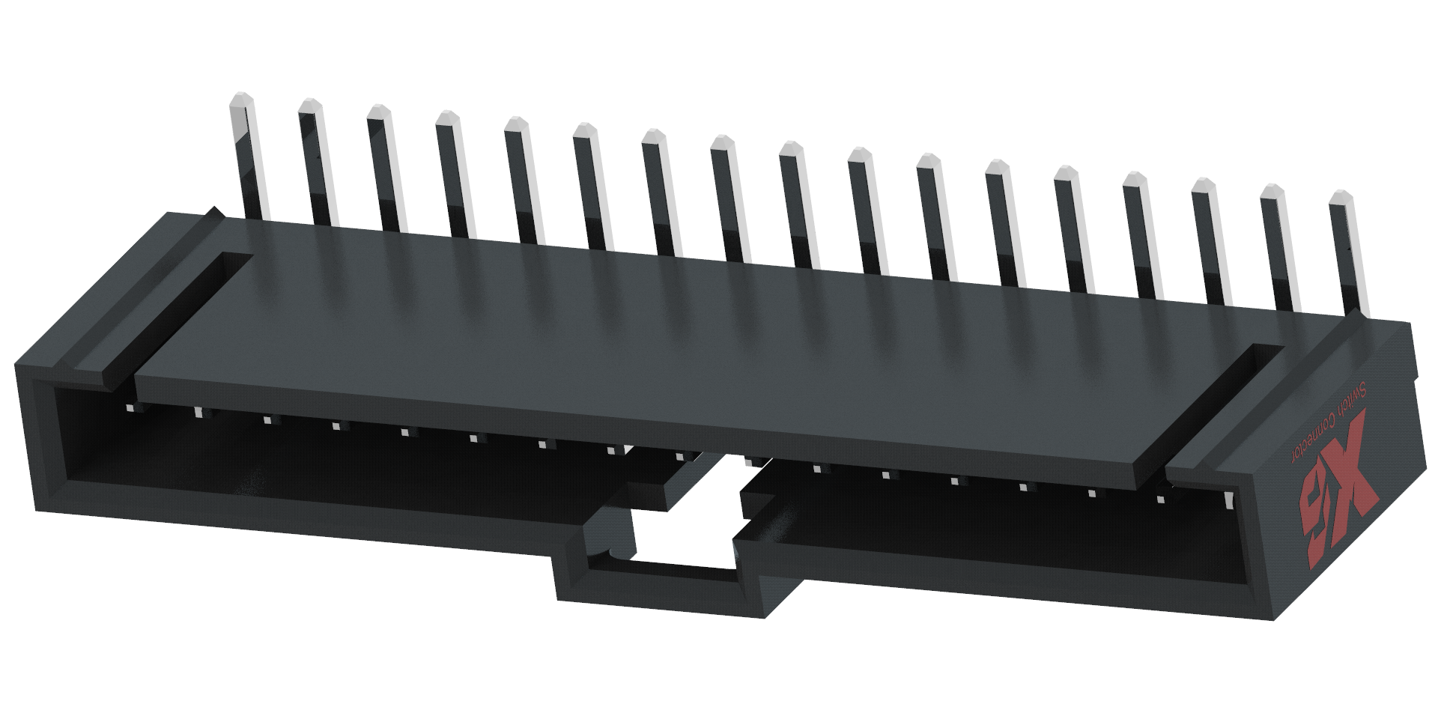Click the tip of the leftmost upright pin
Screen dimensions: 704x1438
tap(240, 101)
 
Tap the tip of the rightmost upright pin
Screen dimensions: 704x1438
tap(1340, 197)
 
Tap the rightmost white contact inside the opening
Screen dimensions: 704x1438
tap(1228, 497)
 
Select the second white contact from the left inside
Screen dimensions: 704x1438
tap(198, 411)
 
